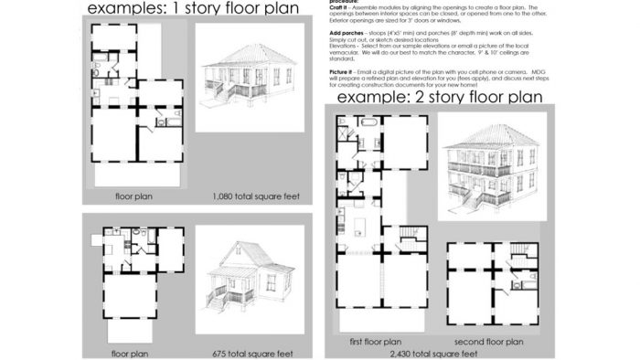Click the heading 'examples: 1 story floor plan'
tap(197, 10)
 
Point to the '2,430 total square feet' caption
tap(435, 353)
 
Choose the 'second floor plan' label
tap(491, 342)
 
